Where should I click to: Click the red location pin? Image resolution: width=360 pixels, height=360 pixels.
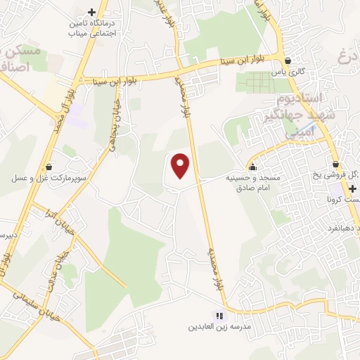coord(181,166)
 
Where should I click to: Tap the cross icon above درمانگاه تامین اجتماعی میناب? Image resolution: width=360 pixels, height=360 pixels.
coord(91,12)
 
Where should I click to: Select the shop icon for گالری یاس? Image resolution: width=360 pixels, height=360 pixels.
coord(288,60)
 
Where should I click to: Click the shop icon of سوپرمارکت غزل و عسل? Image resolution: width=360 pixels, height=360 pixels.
coord(48,167)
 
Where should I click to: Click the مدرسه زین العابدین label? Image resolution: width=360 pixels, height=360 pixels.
coord(219,328)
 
